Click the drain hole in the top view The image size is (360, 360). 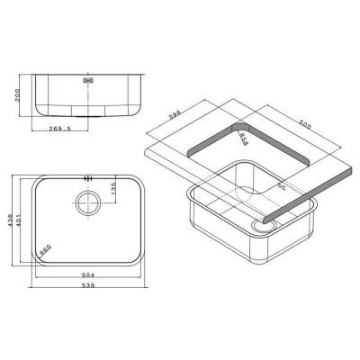pyautogui.click(x=89, y=202)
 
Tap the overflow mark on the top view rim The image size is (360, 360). pyautogui.click(x=88, y=176)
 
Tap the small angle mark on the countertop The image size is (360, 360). pyautogui.click(x=282, y=186)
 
